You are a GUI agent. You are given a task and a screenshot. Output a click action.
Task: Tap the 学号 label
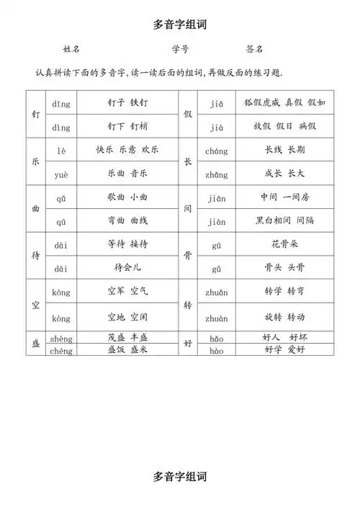[x=181, y=49]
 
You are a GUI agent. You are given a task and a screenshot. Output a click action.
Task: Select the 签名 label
[x=254, y=49]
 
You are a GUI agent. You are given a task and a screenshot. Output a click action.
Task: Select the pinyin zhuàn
[x=216, y=317]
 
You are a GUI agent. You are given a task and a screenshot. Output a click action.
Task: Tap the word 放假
[x=262, y=126]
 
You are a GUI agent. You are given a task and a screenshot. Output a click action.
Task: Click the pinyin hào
[x=216, y=351]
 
